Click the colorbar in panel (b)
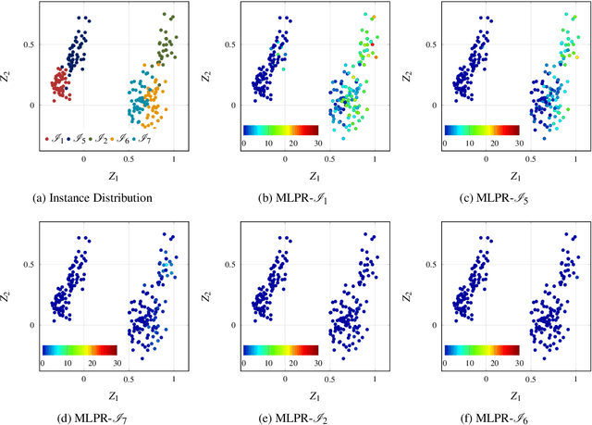[280, 131]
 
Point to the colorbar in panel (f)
[481, 350]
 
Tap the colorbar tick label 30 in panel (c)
[518, 144]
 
